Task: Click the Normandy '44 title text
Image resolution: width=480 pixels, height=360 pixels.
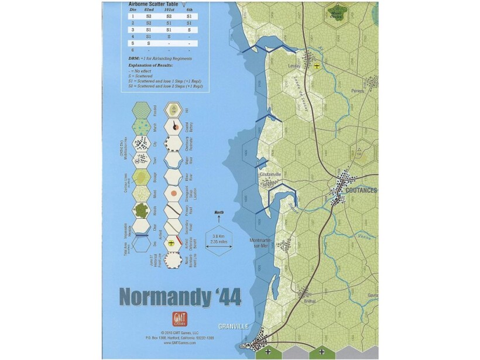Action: [x=180, y=296]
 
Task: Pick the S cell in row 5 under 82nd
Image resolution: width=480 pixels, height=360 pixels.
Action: [x=148, y=43]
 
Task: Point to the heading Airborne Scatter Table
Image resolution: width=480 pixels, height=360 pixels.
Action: [x=153, y=4]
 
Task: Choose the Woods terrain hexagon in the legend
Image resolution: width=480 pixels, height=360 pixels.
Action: [x=140, y=210]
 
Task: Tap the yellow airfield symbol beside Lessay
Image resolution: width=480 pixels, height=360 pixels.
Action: [x=317, y=66]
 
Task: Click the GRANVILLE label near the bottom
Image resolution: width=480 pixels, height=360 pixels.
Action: [x=234, y=326]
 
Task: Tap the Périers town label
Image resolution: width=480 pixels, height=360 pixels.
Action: [x=357, y=91]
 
